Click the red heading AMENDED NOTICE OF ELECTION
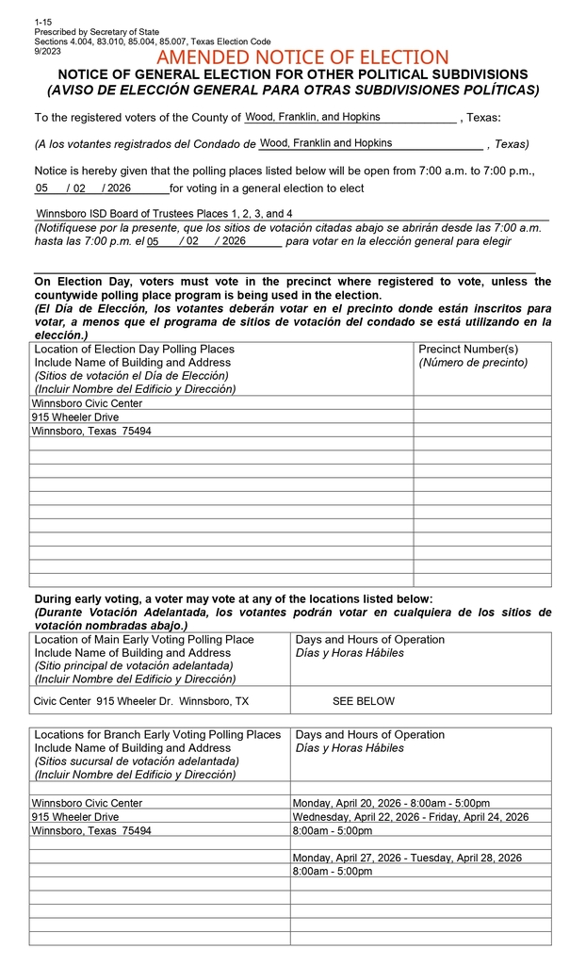tap(302, 58)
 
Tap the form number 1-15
tap(42, 22)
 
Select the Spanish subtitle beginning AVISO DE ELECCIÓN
tap(293, 90)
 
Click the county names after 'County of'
tap(313, 117)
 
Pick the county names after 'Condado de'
tap(326, 143)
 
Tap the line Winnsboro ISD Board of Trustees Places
tap(164, 214)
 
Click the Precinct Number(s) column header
tap(468, 349)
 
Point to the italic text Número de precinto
tap(473, 362)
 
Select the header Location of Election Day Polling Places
tap(135, 349)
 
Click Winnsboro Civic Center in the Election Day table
tap(87, 403)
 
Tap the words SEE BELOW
tap(364, 701)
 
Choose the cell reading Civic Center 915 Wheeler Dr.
tap(141, 701)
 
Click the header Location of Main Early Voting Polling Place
tap(144, 639)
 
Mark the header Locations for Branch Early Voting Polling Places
tap(157, 734)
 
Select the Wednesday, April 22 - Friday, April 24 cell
tap(411, 817)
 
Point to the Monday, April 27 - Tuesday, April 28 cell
tap(407, 858)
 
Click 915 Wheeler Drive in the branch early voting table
tap(75, 817)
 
